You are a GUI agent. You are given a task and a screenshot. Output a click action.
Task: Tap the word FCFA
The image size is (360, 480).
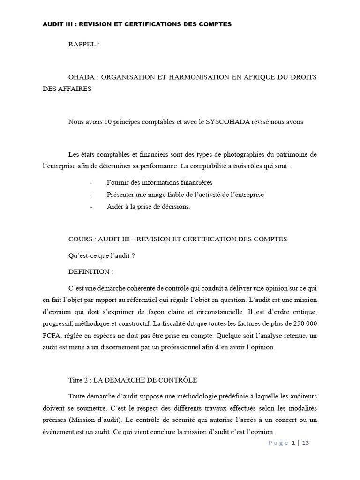point(52,335)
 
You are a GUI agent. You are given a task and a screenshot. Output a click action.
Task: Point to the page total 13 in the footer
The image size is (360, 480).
point(305,443)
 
